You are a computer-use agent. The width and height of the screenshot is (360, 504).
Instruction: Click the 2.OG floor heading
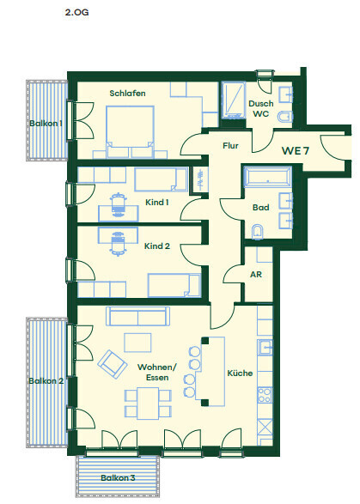(76, 13)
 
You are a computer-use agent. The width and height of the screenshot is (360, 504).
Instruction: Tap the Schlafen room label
(127, 94)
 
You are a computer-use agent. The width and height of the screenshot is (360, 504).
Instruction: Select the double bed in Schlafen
(130, 131)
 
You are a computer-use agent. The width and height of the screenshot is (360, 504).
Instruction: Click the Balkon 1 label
(46, 123)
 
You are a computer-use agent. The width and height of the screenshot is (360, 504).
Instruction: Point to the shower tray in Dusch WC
(233, 100)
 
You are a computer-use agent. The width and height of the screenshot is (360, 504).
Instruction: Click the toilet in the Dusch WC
(284, 117)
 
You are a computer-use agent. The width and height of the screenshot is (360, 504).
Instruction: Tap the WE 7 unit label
(296, 150)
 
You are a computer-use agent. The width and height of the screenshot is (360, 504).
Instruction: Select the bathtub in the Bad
(268, 177)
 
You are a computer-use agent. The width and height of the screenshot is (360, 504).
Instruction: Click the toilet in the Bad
(257, 232)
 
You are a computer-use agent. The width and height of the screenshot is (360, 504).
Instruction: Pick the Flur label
(230, 146)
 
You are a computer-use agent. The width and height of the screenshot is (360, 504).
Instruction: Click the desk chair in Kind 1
(119, 204)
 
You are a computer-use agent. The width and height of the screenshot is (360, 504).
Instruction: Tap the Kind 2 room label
(157, 246)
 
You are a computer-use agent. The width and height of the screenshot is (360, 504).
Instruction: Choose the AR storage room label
(256, 275)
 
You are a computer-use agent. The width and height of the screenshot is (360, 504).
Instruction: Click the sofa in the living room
(137, 316)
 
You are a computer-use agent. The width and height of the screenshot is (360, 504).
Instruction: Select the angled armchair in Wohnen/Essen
(112, 364)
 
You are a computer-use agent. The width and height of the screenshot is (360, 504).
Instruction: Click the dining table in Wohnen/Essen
(148, 404)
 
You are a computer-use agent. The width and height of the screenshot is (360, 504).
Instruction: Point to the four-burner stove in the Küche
(265, 395)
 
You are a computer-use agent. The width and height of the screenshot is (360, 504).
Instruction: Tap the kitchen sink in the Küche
(265, 347)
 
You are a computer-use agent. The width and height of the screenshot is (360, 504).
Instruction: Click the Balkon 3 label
(118, 478)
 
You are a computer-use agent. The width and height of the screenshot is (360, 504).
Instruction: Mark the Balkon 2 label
(46, 381)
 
